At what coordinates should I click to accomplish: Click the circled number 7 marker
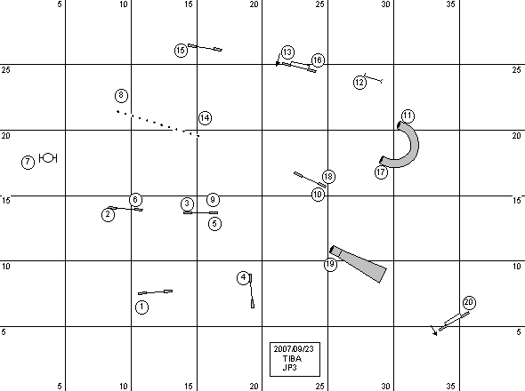pos(28,163)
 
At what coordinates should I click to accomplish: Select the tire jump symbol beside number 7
pos(48,158)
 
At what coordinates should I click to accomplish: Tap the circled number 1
pos(141,307)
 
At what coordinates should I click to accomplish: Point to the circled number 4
pos(244,277)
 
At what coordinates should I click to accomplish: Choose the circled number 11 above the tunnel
pos(408,116)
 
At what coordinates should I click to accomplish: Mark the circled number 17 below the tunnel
pos(381,172)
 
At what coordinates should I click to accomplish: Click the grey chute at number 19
pos(359,264)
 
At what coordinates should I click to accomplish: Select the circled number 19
pos(330,264)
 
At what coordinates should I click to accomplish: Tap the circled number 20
pos(469,303)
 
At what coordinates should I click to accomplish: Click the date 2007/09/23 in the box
pos(294,349)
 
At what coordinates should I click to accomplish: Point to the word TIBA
pos(292,358)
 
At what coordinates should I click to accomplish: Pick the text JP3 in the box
pos(289,368)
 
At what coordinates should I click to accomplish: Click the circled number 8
pos(121,96)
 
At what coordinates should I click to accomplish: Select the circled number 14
pos(205,118)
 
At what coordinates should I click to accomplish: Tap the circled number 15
pos(181,51)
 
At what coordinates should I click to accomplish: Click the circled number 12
pos(359,83)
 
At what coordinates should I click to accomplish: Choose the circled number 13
pos(287,52)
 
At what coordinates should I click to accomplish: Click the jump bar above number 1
pos(156,292)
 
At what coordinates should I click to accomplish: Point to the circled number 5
pos(214,224)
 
